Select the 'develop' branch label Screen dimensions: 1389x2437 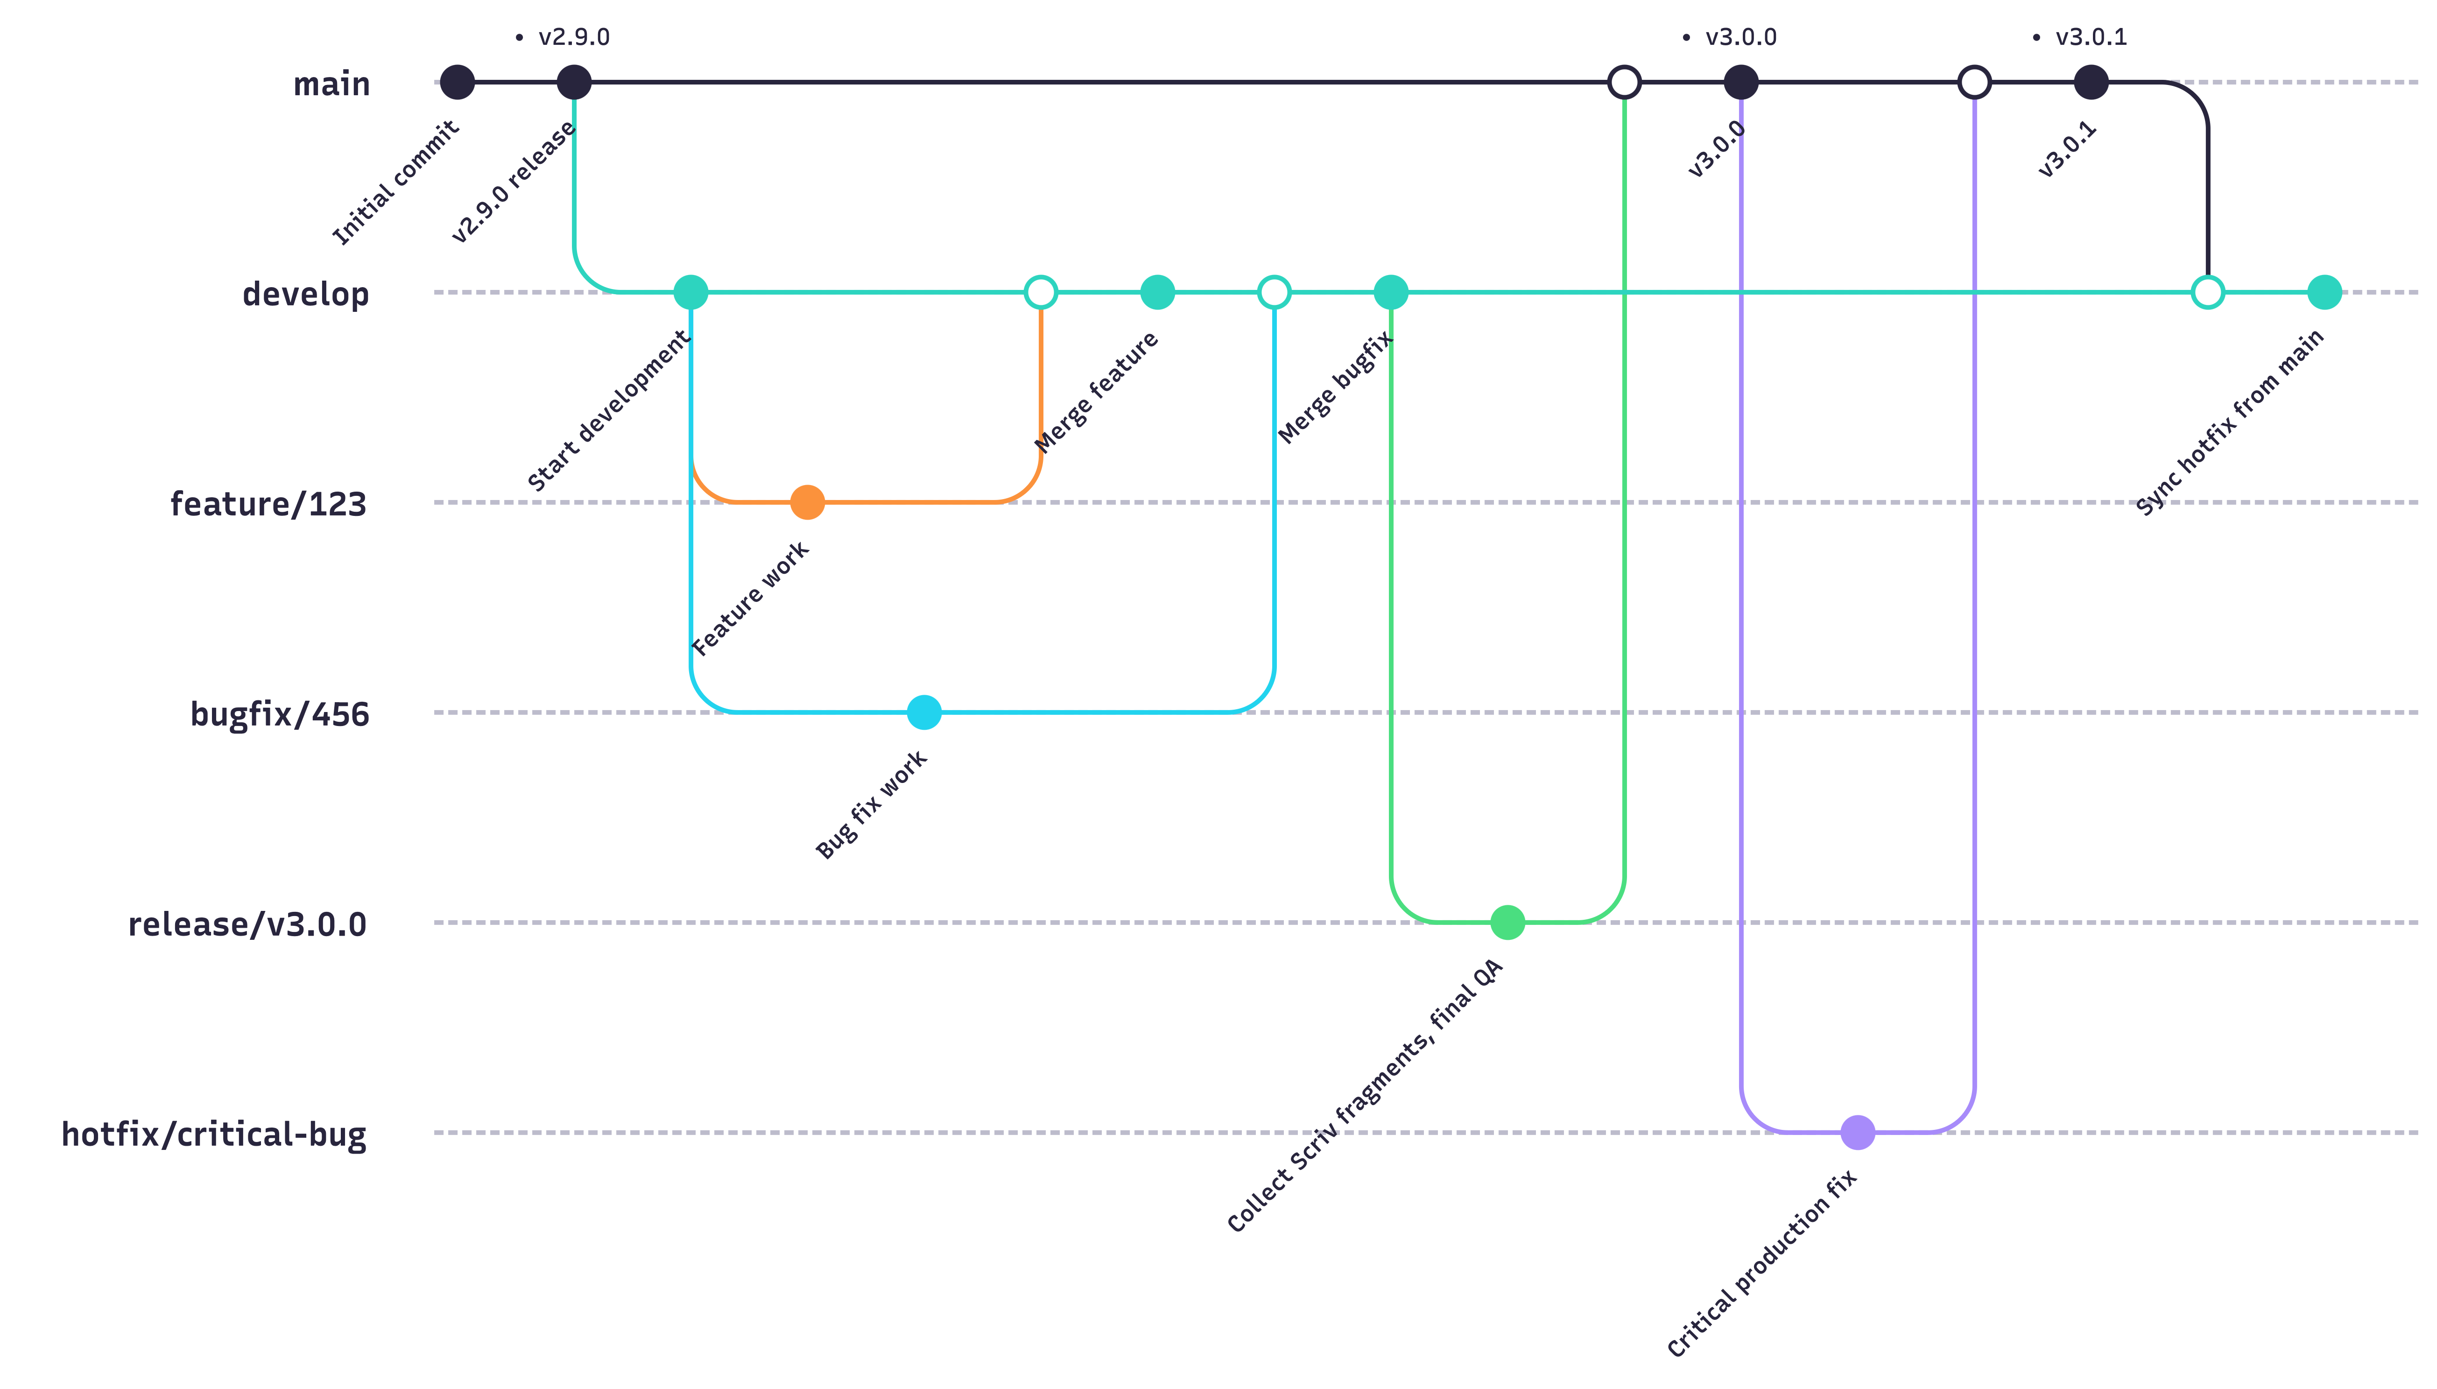[x=305, y=294]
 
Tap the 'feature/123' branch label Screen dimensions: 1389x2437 [x=268, y=504]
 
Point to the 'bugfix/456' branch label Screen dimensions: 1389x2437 [x=280, y=713]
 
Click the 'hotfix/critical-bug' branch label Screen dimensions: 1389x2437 [x=214, y=1134]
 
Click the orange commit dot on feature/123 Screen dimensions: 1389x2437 [x=807, y=502]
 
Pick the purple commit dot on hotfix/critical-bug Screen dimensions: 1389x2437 [x=1857, y=1132]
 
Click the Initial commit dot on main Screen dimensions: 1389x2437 [x=457, y=82]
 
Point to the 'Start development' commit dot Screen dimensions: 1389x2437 [x=690, y=292]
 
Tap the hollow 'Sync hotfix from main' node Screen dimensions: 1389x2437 [x=2207, y=292]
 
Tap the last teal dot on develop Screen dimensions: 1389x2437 [x=2324, y=292]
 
